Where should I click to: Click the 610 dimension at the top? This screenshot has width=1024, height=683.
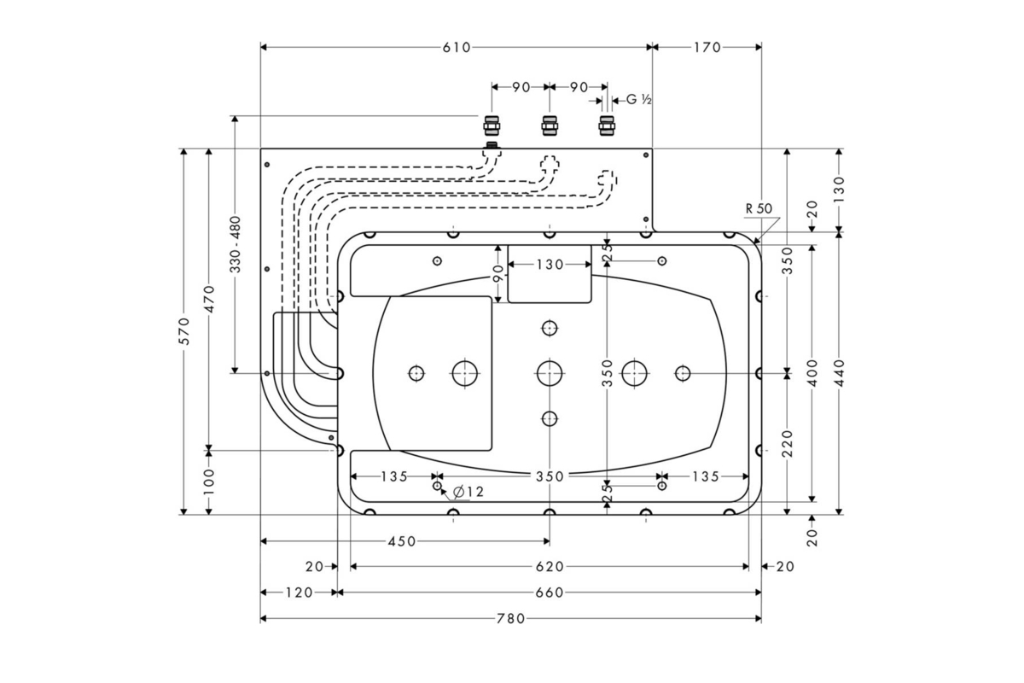pyautogui.click(x=457, y=48)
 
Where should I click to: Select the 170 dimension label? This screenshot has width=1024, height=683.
pyautogui.click(x=707, y=48)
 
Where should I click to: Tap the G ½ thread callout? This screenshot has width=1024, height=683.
pyautogui.click(x=639, y=100)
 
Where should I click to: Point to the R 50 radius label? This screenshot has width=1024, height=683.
pyautogui.click(x=758, y=208)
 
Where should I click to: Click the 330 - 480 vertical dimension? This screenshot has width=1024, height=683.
pyautogui.click(x=236, y=244)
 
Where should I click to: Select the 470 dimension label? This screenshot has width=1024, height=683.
pyautogui.click(x=209, y=300)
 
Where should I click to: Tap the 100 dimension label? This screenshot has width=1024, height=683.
pyautogui.click(x=209, y=482)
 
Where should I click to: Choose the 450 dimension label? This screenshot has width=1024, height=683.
pyautogui.click(x=402, y=541)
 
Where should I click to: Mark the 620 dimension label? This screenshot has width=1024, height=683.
pyautogui.click(x=550, y=566)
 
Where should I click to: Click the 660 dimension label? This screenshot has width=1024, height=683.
pyautogui.click(x=550, y=593)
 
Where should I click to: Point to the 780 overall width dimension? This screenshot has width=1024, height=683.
pyautogui.click(x=510, y=618)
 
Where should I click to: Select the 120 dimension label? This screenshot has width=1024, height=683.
pyautogui.click(x=299, y=593)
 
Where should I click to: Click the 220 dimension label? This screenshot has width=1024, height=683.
pyautogui.click(x=787, y=443)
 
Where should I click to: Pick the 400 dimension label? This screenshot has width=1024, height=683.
pyautogui.click(x=812, y=372)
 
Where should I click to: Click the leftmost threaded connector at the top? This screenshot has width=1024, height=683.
pyautogui.click(x=492, y=126)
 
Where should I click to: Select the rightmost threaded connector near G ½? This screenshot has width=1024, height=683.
pyautogui.click(x=607, y=126)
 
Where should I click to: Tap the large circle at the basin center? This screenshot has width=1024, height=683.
pyautogui.click(x=550, y=372)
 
